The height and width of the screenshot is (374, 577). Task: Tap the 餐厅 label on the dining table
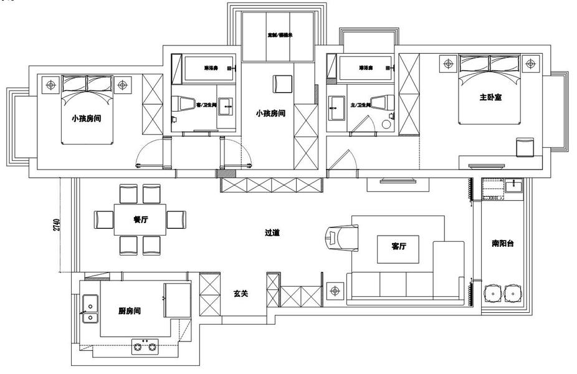point(140,219)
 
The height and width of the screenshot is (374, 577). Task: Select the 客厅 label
point(399,246)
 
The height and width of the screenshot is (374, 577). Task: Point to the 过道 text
point(272,233)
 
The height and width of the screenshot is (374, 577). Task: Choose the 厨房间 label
point(129,310)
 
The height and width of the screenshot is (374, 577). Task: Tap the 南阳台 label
point(502,244)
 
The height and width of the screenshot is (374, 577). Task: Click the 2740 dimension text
point(57,225)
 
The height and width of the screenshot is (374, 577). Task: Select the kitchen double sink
point(90,312)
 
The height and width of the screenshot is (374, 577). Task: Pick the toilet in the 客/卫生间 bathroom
point(184,105)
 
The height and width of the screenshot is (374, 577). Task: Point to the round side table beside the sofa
point(335,290)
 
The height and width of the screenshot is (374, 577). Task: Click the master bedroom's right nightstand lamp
point(531,63)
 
